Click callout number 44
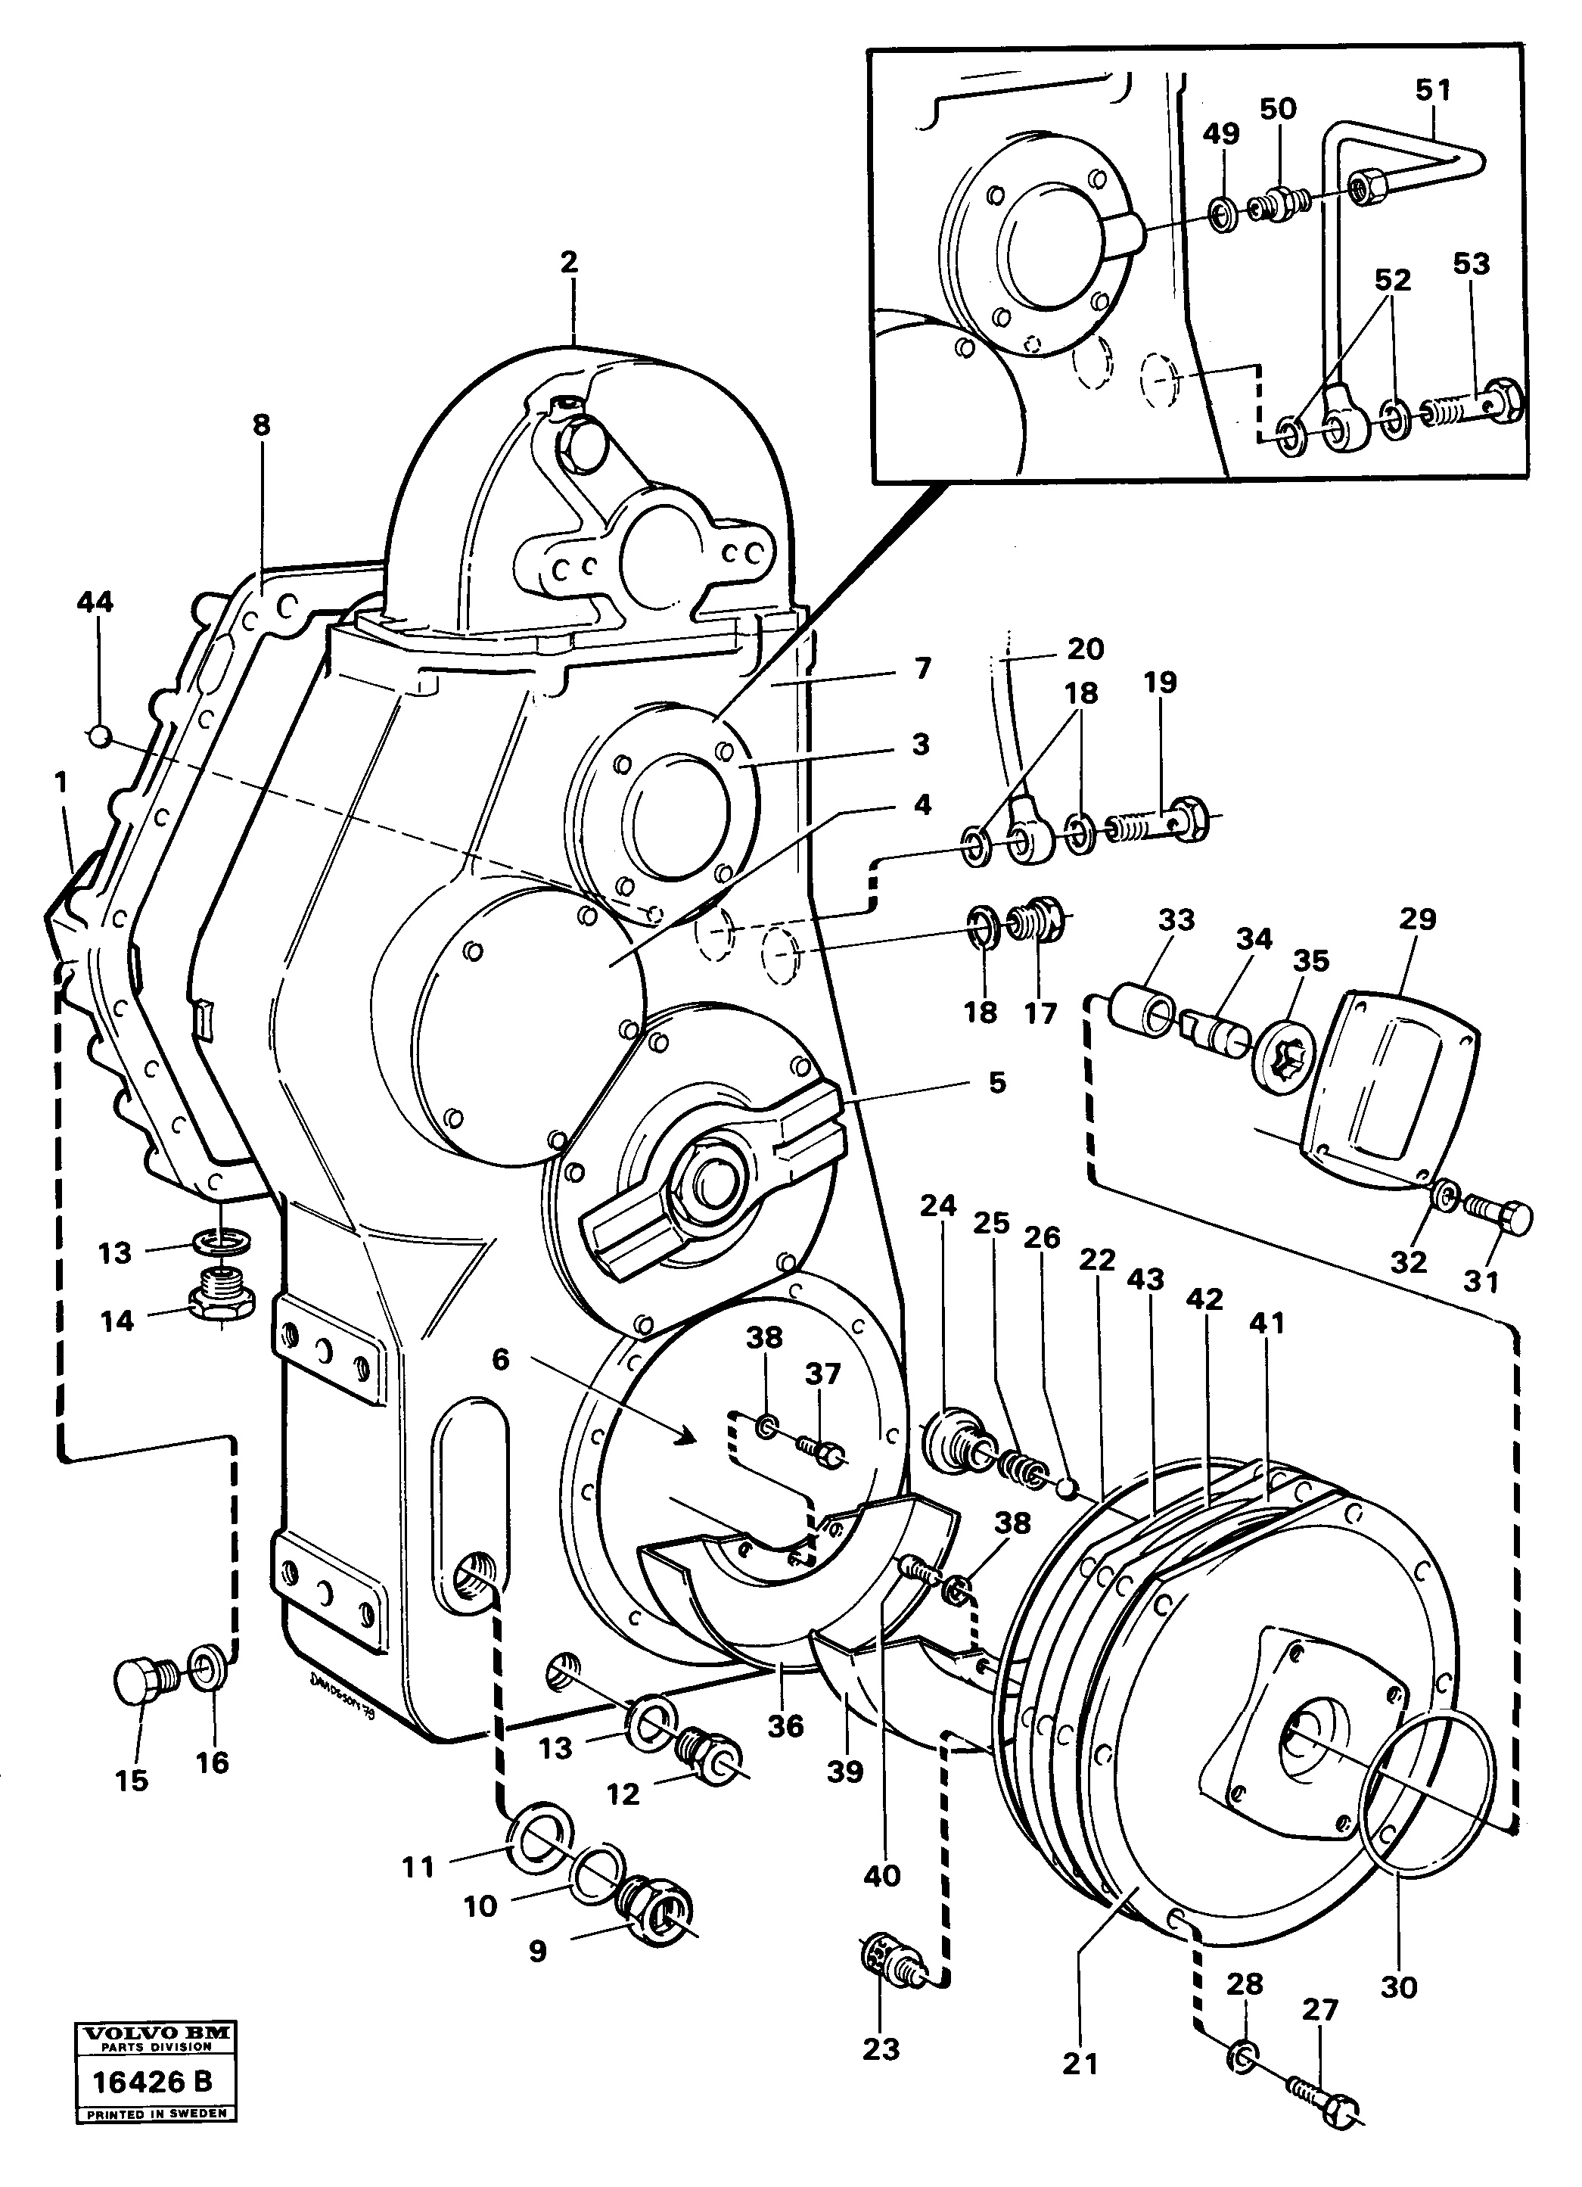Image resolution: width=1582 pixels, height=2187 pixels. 95,602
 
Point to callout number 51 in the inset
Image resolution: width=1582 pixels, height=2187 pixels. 1432,90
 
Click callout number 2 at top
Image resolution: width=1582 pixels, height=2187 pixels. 569,261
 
